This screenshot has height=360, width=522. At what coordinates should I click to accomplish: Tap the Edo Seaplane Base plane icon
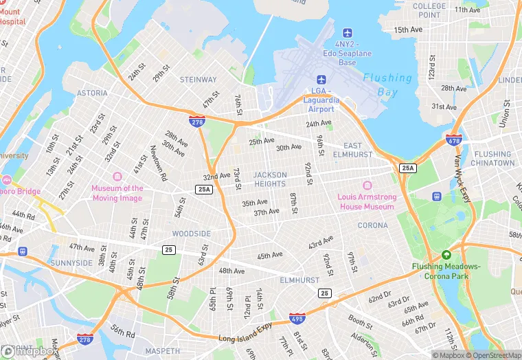click(x=347, y=33)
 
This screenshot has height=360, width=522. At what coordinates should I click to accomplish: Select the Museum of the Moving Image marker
click(x=117, y=177)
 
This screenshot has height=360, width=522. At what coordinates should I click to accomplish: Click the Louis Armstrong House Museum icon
click(x=366, y=186)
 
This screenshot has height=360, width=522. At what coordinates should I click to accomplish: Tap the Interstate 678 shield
click(x=453, y=139)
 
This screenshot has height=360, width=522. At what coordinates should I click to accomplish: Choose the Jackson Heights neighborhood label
click(x=270, y=179)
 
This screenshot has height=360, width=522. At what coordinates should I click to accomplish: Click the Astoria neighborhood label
click(x=92, y=93)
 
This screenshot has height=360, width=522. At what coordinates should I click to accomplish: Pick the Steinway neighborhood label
click(x=198, y=80)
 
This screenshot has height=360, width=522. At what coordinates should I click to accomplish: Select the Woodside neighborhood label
click(x=191, y=234)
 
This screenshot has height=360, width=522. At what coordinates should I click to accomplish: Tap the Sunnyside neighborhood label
click(x=71, y=263)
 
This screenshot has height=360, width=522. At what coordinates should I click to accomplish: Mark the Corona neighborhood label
click(x=372, y=225)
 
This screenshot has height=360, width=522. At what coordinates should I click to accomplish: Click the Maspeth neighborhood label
click(x=163, y=351)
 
